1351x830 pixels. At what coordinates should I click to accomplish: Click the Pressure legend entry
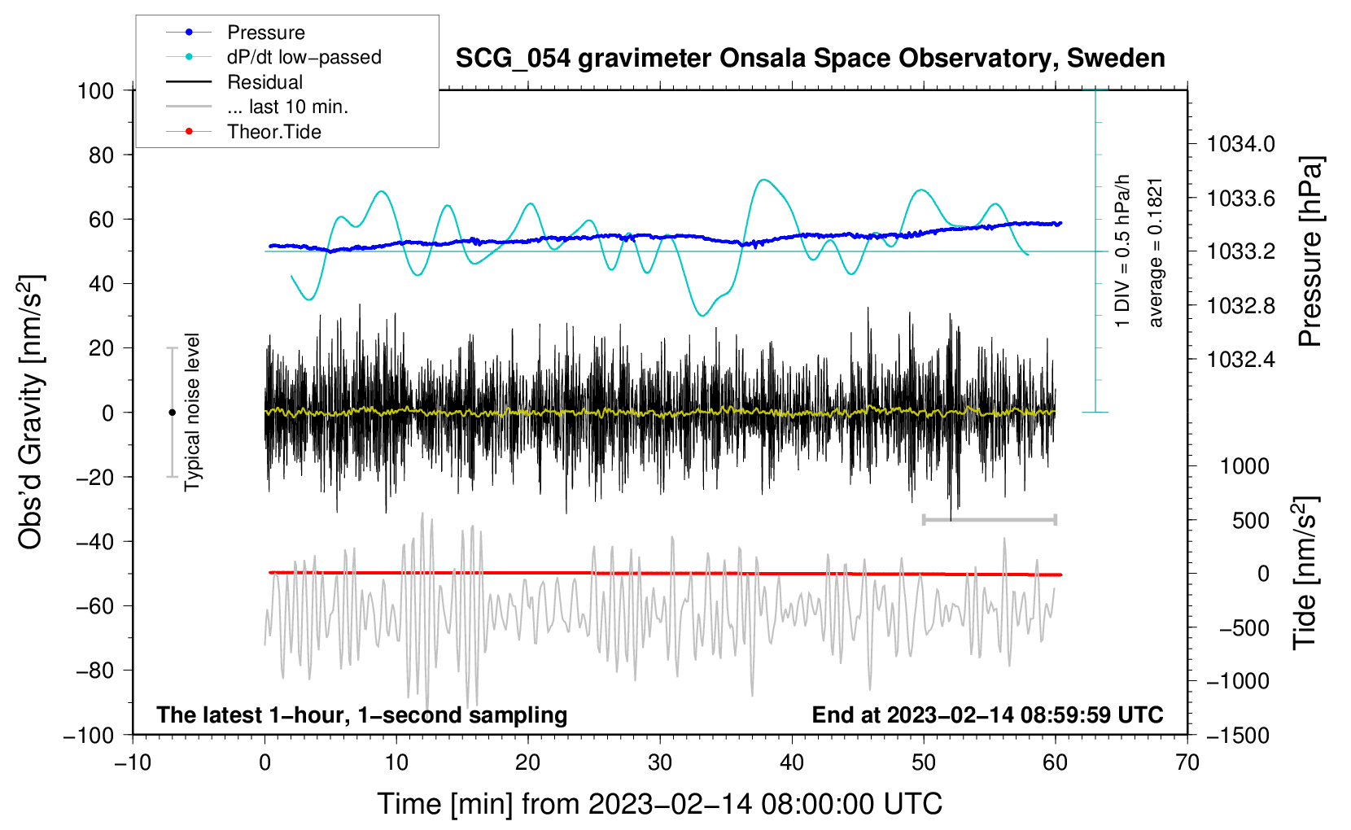265,33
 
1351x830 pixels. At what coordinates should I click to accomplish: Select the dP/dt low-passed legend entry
304,57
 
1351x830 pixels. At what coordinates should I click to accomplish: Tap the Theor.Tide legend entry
273,132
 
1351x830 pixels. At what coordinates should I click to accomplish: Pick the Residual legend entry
265,82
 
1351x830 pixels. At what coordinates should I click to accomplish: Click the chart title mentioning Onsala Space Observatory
810,59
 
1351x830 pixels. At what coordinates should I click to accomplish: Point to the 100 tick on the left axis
96,90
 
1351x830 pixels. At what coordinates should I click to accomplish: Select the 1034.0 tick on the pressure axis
1240,144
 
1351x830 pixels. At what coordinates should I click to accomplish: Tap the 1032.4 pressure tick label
1240,359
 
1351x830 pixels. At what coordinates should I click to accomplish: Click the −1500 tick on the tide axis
1237,735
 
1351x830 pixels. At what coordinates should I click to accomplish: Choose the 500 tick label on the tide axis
1250,520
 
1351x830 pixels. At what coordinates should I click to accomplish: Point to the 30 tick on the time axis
660,762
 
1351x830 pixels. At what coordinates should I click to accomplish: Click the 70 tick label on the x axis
1187,762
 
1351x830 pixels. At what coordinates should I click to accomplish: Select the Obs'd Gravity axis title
30,413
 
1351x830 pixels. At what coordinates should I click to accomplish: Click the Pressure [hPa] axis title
1309,251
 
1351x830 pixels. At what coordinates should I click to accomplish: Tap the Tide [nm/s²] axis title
1305,573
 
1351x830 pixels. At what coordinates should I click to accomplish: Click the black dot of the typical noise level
172,413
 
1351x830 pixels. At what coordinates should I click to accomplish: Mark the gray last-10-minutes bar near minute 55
990,519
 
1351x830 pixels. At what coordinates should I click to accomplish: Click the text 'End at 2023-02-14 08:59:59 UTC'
987,714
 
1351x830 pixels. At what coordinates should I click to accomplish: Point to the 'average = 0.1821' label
1156,252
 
